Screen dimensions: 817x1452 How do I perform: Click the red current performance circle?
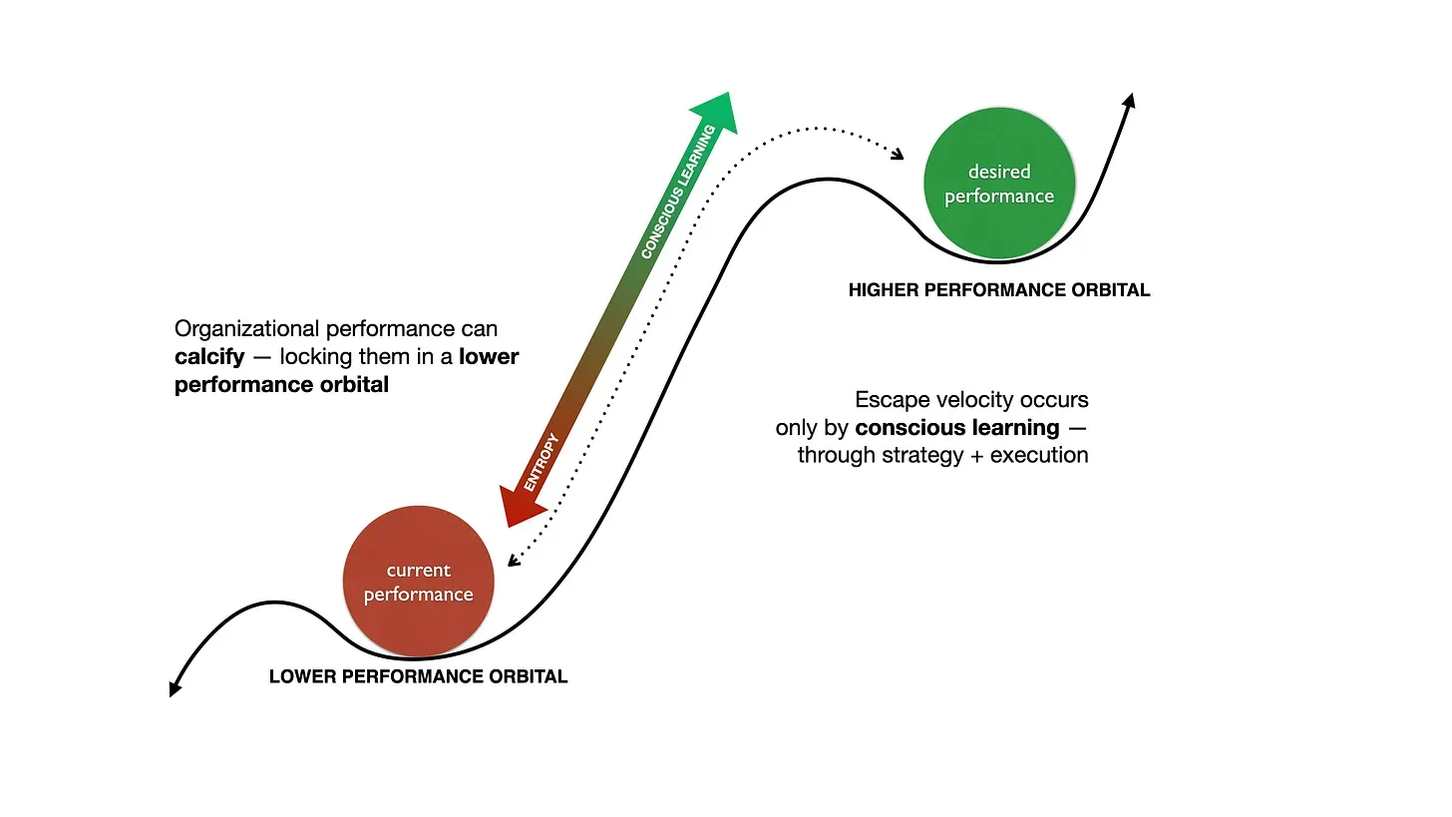[x=418, y=583]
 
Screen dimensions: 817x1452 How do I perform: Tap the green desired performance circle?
[x=998, y=185]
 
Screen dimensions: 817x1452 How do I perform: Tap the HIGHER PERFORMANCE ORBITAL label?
[x=998, y=290]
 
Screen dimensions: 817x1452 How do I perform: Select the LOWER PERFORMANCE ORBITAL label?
[x=418, y=676]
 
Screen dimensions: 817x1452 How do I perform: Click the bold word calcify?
[x=208, y=356]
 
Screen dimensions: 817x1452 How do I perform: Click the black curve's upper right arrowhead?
[x=1129, y=101]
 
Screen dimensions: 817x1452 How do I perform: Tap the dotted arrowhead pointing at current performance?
[x=512, y=561]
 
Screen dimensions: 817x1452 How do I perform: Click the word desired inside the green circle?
[x=998, y=172]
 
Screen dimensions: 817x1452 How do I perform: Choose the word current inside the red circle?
[x=418, y=570]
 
